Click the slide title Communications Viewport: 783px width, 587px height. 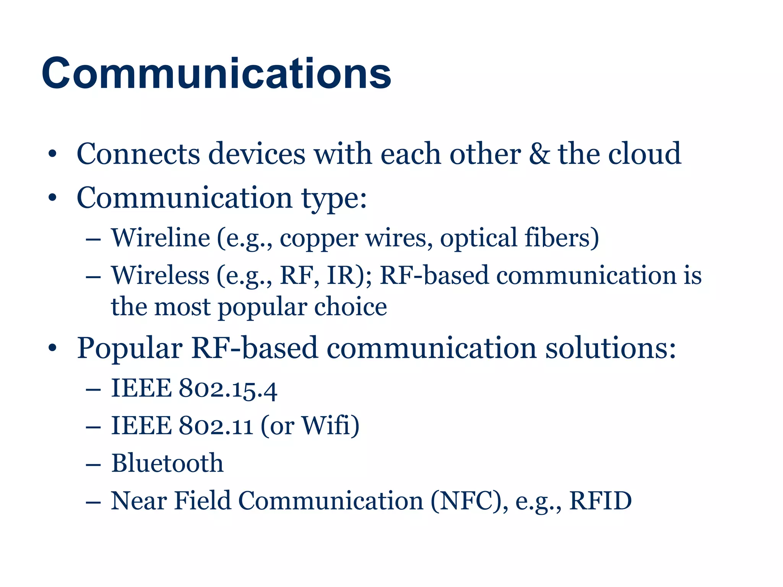216,73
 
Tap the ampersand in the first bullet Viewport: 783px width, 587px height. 539,154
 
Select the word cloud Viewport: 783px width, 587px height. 645,154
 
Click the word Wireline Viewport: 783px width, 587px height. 161,238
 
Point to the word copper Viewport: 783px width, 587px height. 319,239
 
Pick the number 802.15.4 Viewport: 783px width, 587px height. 228,389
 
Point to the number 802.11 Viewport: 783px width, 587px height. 216,426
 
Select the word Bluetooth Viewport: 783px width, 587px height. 167,463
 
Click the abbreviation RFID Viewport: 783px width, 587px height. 600,501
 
